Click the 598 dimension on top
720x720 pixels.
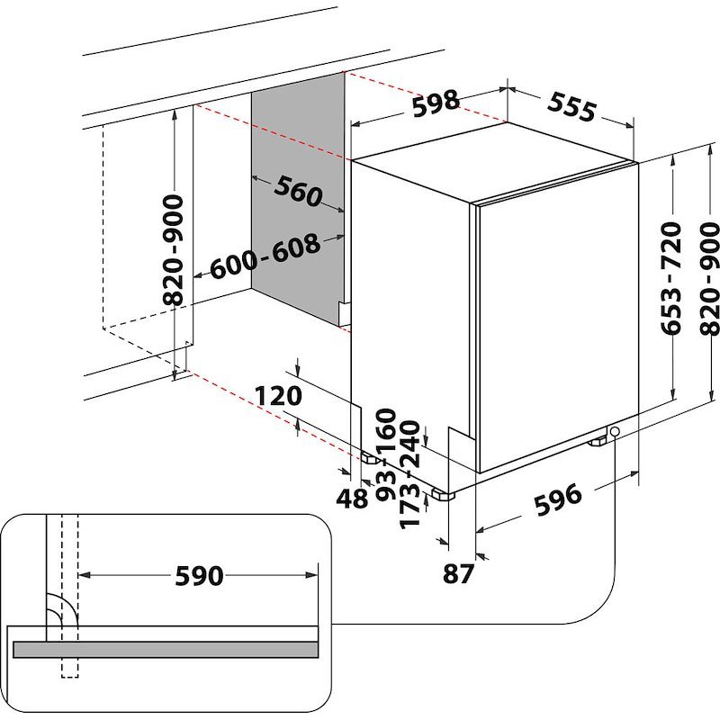(x=436, y=104)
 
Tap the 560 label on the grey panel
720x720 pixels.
(x=298, y=191)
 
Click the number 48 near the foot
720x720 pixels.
(x=352, y=498)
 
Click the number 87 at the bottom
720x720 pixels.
(x=458, y=572)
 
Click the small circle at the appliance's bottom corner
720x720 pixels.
(x=615, y=433)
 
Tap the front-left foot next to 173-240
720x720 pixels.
(x=443, y=493)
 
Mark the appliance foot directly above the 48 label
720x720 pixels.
(x=370, y=457)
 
